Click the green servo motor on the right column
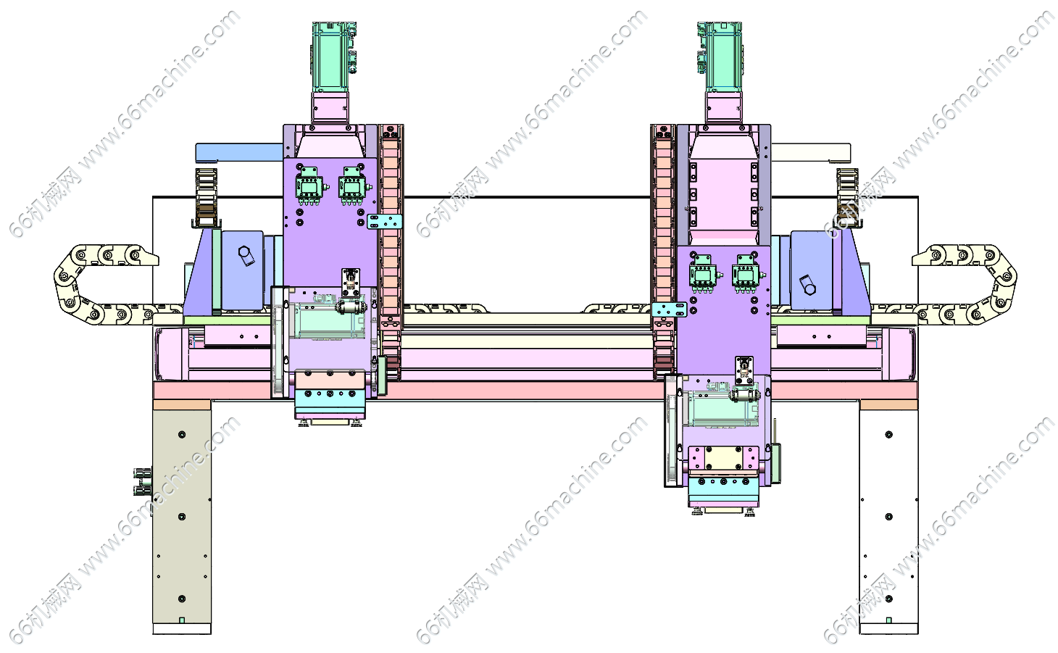click(720, 57)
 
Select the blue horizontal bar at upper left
click(239, 153)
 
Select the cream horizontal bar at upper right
click(811, 153)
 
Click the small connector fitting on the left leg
click(143, 481)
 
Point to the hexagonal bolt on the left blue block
click(246, 256)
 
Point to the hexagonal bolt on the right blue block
click(807, 285)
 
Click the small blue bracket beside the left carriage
click(385, 222)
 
